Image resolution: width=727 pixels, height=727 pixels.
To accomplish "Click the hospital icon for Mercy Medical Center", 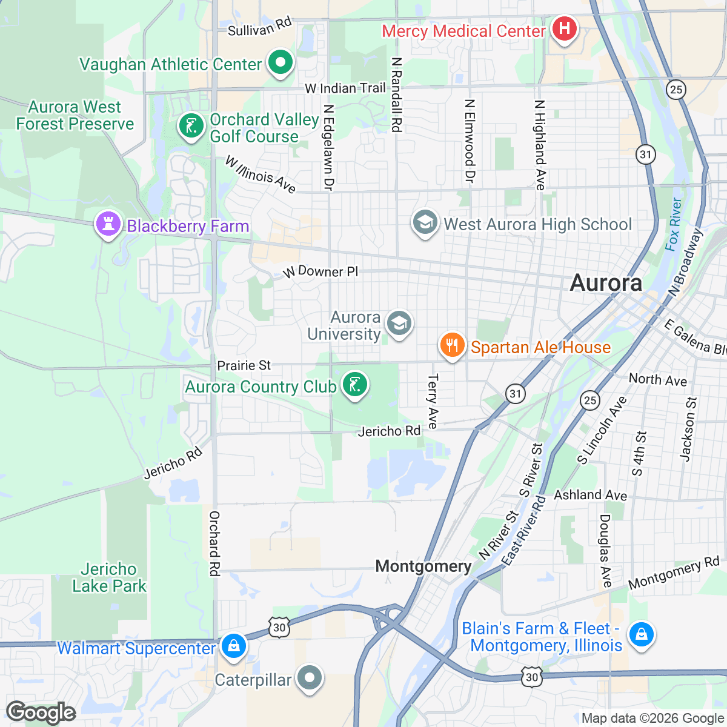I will point(564,28).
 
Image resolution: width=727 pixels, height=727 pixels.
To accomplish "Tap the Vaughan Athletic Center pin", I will point(279,62).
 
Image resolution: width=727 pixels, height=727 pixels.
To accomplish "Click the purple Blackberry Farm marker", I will point(108,225).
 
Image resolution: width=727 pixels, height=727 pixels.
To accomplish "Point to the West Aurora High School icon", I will point(425,223).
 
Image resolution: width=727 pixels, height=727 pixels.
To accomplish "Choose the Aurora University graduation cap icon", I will point(399,324).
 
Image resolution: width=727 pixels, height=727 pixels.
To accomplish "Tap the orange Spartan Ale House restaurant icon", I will point(452,346).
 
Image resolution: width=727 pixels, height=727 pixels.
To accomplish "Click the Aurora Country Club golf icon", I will point(355,385).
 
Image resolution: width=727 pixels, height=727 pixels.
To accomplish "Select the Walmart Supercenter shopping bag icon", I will point(233,646).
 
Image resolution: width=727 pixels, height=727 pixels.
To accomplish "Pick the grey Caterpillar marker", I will point(310,678).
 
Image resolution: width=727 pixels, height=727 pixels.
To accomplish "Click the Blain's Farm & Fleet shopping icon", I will point(640,635).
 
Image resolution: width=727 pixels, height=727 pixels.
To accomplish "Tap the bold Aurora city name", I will point(606,283).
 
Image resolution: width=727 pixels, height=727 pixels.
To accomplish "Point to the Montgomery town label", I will point(423,566).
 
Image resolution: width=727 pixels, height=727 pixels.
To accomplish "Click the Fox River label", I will point(673,224).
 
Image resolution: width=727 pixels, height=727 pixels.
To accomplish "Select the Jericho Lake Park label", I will point(109,577).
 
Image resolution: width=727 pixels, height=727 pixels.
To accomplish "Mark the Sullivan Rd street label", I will point(260,27).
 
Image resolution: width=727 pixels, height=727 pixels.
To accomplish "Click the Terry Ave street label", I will point(433,401).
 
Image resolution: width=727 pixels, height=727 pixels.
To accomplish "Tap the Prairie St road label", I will point(244,365).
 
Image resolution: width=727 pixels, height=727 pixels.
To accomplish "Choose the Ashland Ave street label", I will point(591,495).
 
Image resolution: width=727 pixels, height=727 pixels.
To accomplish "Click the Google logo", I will point(41,712).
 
